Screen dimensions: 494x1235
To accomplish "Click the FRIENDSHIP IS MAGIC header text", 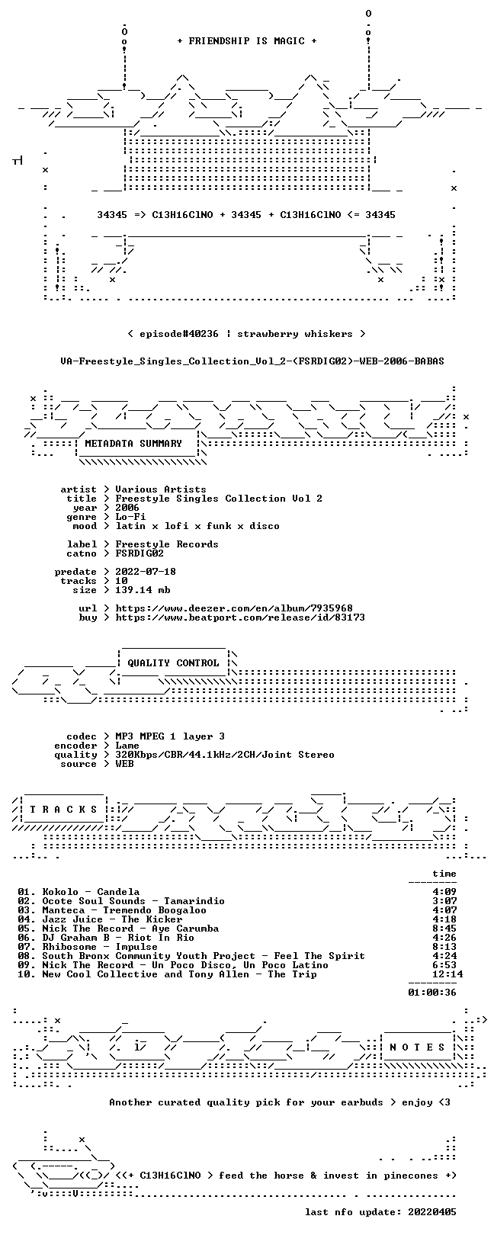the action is pos(247,41).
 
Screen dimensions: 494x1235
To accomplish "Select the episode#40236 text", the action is pos(178,334).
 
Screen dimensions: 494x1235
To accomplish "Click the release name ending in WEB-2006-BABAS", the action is pos(252,361).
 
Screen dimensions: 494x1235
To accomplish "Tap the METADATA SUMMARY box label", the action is pos(133,443).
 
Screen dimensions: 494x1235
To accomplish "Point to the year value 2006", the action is pos(127,508).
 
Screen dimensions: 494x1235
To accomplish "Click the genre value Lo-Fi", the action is pos(130,517).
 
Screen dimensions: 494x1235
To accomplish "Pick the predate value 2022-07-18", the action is pos(146,572).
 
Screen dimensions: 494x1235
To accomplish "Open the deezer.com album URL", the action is pos(234,608).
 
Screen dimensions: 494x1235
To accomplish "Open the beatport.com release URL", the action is pos(240,617).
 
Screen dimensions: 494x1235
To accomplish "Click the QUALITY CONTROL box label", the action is pos(173,663).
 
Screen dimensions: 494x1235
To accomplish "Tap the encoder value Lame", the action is pos(127,746).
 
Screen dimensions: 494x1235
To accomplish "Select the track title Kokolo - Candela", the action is pos(91,891).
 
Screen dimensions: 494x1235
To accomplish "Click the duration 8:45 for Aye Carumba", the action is pos(444,929).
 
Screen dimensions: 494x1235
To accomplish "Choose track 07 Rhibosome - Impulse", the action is pos(88,947).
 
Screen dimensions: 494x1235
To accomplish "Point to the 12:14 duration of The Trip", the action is pos(447,974).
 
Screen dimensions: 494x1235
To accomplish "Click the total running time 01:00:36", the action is pos(432,993).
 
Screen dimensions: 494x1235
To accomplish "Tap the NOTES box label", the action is pos(417,1047).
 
